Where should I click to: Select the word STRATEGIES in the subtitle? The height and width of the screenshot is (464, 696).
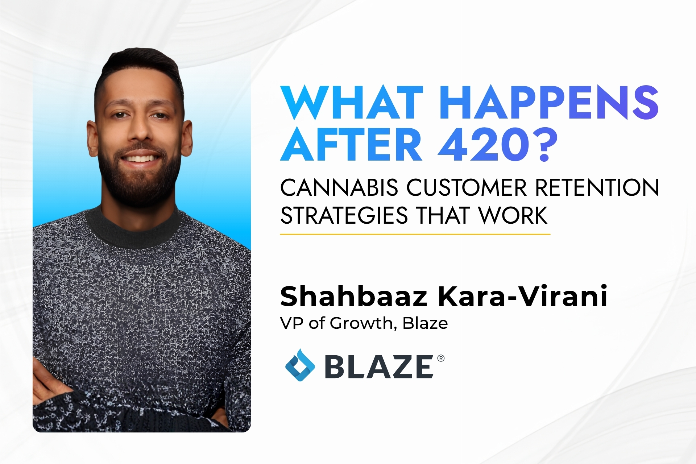point(344,216)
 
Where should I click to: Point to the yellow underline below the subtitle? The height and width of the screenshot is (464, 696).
point(415,234)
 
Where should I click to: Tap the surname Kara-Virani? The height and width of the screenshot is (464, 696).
point(522,297)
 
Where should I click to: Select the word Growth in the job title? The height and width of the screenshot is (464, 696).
point(361,323)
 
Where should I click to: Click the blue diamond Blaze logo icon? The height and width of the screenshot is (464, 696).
point(300,365)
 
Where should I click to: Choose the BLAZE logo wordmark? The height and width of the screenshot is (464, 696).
point(379,367)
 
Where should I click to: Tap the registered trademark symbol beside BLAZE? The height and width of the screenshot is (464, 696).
point(441,359)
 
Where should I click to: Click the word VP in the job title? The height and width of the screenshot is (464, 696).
point(292,323)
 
